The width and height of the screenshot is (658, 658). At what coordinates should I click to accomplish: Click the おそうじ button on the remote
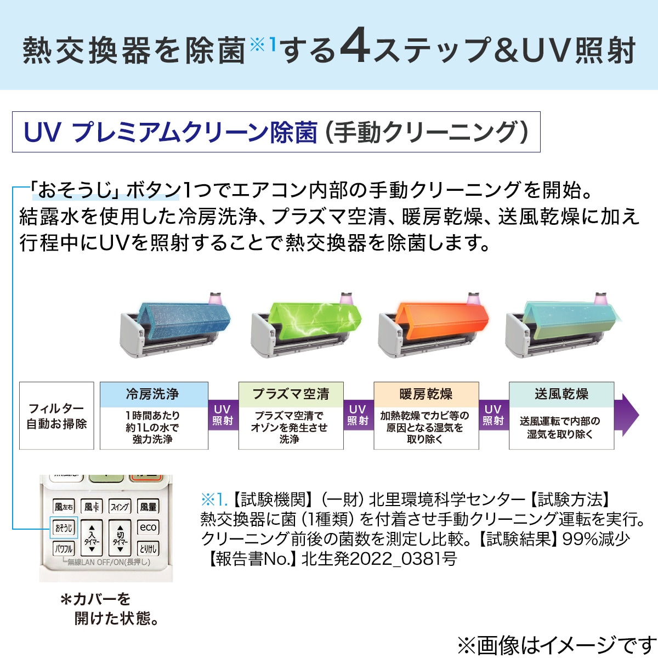click(x=64, y=528)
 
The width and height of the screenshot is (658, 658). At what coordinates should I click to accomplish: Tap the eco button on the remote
click(x=148, y=527)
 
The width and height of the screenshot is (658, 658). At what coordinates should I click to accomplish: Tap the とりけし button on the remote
click(x=148, y=549)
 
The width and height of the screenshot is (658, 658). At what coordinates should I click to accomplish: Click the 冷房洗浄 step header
click(x=154, y=394)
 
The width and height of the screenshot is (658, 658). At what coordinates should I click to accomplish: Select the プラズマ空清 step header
click(x=291, y=394)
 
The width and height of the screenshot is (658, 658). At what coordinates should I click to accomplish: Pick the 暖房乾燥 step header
click(x=426, y=394)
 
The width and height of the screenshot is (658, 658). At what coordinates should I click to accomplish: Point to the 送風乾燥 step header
click(x=561, y=394)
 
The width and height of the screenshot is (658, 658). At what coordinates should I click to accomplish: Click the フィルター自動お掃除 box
click(x=56, y=416)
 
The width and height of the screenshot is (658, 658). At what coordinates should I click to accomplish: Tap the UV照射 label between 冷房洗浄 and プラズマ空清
click(x=223, y=415)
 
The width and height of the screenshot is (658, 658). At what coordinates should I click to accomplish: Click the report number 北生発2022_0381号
click(x=379, y=559)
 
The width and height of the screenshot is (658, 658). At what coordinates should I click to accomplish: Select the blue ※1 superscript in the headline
click(x=263, y=45)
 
